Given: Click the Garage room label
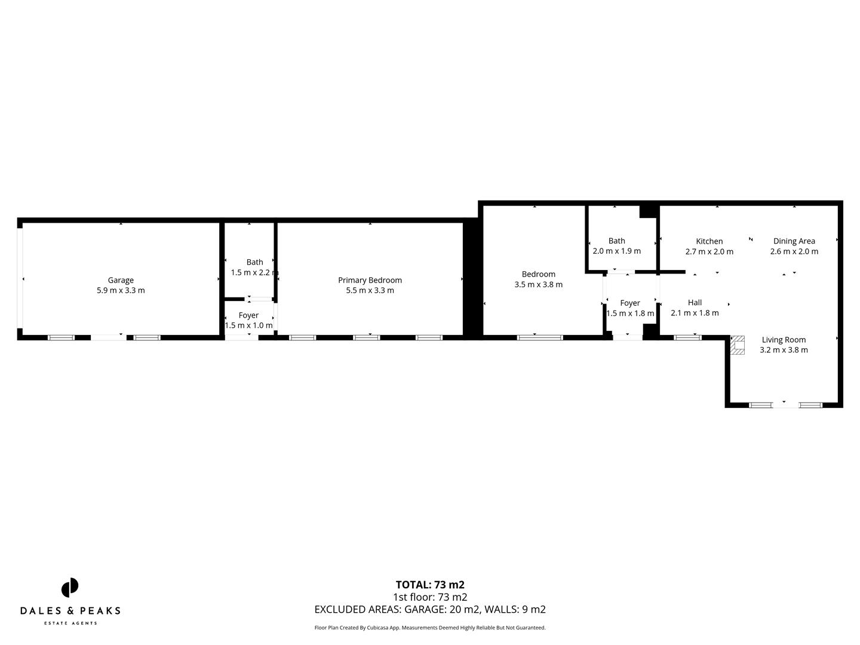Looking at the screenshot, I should (x=121, y=280).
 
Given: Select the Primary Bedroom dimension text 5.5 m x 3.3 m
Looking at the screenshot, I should (x=370, y=291).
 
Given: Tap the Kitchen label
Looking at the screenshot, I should (x=709, y=241).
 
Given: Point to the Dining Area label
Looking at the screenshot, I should (x=794, y=241).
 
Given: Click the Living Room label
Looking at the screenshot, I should (x=784, y=340).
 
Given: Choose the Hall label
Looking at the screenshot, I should (x=695, y=303).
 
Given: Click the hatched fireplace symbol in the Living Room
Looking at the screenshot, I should (x=738, y=345).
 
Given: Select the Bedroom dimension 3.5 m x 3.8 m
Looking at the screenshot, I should (x=538, y=285).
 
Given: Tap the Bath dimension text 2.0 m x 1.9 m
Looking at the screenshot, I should (x=616, y=251).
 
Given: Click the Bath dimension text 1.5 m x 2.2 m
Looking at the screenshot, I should (x=254, y=273).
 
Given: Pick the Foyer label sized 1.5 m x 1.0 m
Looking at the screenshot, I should (x=248, y=315).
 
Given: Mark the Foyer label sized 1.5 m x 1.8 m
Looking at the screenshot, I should (x=630, y=303).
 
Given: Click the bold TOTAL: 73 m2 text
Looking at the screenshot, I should (x=430, y=585).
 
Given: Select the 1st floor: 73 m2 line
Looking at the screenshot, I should (x=430, y=597).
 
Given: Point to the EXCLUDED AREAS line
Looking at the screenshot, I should (x=430, y=610).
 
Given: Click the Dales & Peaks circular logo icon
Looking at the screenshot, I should (x=70, y=588).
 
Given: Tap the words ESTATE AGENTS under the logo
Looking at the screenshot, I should (x=70, y=623).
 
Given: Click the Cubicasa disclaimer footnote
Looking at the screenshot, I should (x=430, y=628).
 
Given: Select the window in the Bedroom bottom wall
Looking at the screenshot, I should (x=540, y=337).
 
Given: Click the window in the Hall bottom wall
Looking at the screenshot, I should (x=687, y=337).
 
